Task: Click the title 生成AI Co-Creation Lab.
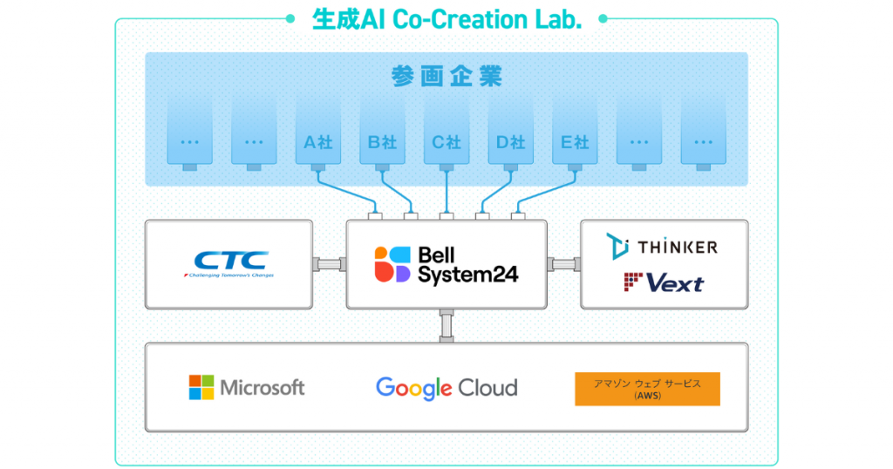coord(446,19)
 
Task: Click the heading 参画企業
coord(446,77)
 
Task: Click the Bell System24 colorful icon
coord(392,264)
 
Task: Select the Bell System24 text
coord(467,264)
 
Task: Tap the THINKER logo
coord(663,247)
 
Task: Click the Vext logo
coord(664,282)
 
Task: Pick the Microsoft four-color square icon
coord(201,388)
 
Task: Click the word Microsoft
coord(262,388)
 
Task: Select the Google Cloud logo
coord(446,388)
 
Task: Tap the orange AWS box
coord(647,389)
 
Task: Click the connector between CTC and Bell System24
coord(329,264)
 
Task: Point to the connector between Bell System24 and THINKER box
coord(563,264)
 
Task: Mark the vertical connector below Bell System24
coord(446,325)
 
